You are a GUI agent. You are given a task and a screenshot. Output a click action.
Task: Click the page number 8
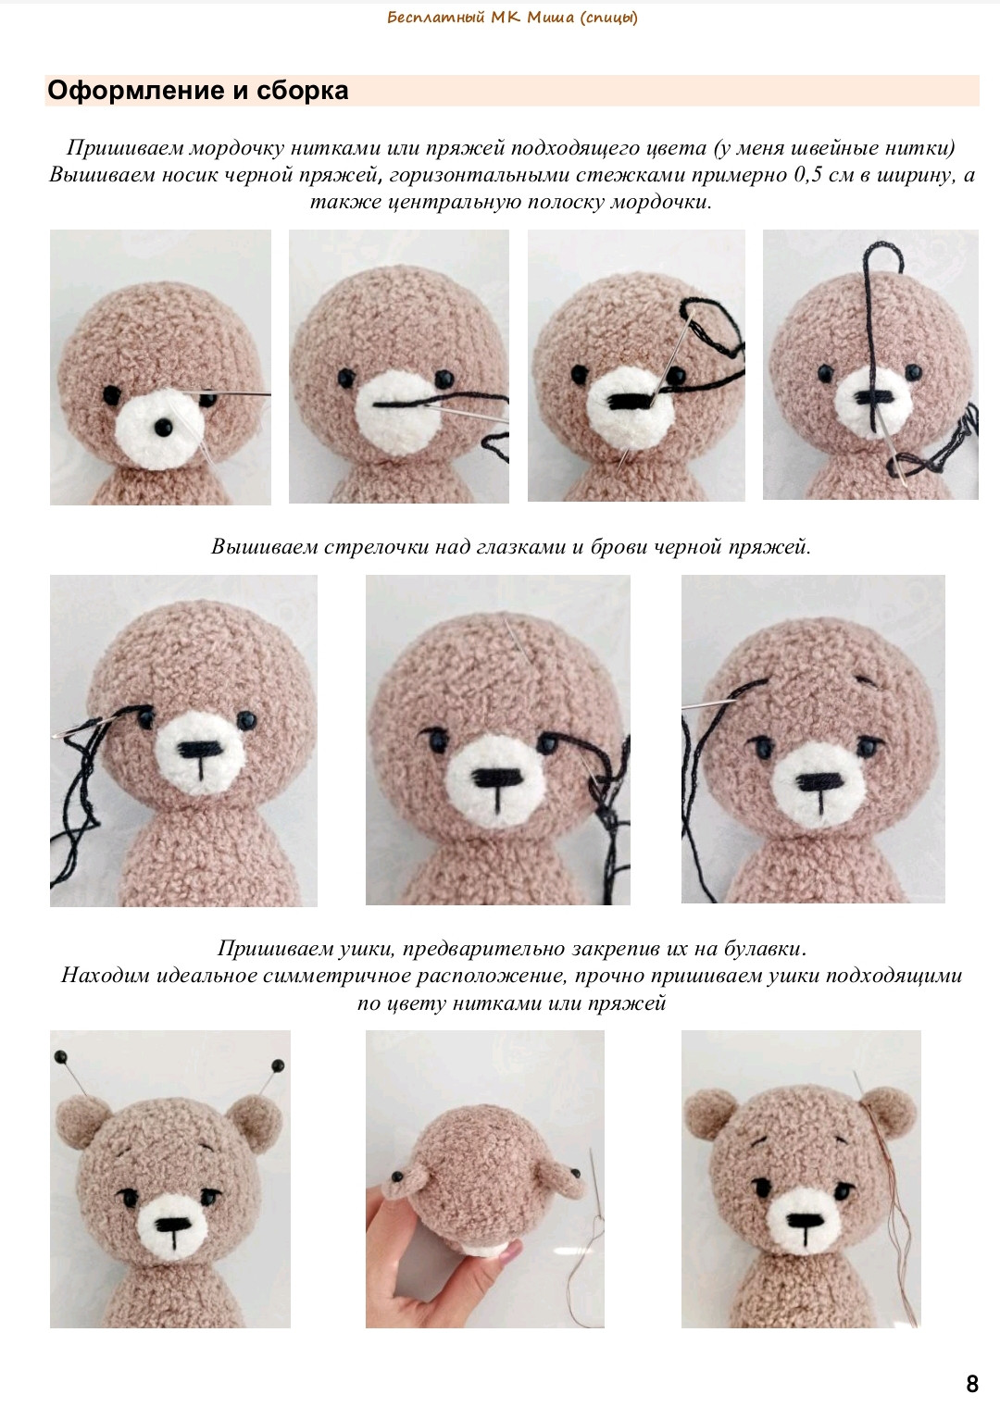(971, 1384)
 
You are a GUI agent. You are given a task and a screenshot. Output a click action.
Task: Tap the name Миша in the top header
(550, 17)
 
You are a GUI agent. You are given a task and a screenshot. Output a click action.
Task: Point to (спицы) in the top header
(608, 18)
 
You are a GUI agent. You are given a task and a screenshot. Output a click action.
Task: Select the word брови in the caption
(619, 546)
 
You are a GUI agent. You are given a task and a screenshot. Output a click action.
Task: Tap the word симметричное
(337, 975)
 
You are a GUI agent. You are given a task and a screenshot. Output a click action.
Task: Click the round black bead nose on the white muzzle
(163, 428)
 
